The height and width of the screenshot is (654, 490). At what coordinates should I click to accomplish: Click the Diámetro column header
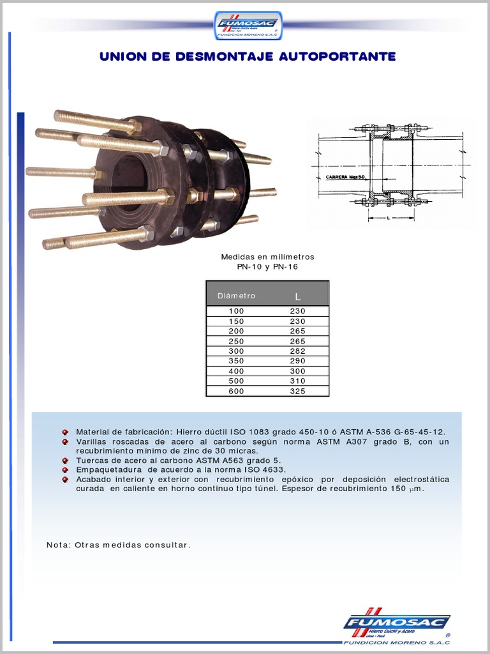tap(236, 296)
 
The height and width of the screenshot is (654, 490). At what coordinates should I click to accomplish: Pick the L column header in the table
tap(297, 296)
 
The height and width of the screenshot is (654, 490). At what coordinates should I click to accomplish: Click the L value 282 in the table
tap(297, 351)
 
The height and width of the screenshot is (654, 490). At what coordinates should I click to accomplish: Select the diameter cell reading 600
tap(236, 392)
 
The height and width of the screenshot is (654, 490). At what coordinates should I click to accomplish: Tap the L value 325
tap(297, 392)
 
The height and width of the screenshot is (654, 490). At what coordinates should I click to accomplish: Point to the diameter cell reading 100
tap(236, 311)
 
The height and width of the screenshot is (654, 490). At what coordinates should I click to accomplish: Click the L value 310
tap(297, 381)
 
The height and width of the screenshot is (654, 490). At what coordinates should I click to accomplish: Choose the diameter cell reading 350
tap(236, 361)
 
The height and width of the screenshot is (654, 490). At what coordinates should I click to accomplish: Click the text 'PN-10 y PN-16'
tap(267, 267)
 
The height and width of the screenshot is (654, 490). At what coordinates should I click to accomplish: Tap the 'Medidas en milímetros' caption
tap(267, 257)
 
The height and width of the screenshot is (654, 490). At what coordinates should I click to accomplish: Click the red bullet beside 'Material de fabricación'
tap(65, 432)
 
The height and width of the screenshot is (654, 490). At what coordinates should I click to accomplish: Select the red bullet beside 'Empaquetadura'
tap(65, 469)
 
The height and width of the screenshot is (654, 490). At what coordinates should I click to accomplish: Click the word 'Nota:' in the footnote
tap(59, 545)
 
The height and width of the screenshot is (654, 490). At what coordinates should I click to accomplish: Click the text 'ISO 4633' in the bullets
tap(264, 469)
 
